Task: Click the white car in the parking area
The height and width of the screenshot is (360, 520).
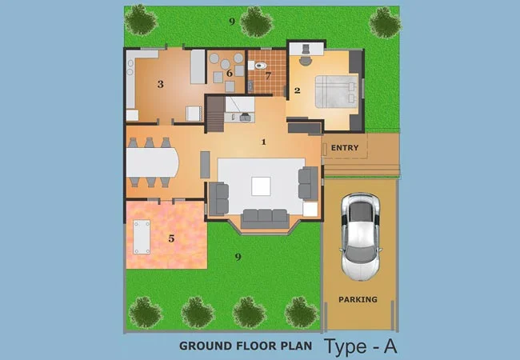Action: click(361, 237)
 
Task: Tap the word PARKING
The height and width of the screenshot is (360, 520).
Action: click(358, 299)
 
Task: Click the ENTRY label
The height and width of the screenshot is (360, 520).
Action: click(345, 147)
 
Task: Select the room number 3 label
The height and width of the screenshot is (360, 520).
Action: click(161, 84)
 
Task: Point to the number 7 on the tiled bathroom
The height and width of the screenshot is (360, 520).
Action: click(268, 76)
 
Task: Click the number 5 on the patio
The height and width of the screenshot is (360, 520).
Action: click(171, 238)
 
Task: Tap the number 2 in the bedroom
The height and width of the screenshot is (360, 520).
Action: click(297, 90)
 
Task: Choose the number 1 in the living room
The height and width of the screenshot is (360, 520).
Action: click(264, 142)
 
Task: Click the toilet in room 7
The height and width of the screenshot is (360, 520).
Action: click(259, 66)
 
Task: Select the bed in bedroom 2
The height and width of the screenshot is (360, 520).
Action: click(336, 91)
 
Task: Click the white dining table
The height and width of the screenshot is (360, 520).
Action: click(152, 162)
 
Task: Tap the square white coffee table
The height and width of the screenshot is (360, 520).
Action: click(261, 186)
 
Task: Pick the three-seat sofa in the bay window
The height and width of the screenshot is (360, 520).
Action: click(265, 218)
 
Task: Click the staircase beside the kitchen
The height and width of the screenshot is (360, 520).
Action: click(215, 114)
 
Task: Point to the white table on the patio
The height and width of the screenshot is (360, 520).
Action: click(142, 237)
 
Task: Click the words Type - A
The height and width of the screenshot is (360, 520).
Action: click(361, 346)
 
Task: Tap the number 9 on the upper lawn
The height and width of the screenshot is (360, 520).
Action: click(232, 22)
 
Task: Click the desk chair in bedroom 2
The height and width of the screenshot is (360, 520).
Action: click(306, 60)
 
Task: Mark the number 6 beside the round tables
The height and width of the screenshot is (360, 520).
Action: click(229, 74)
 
